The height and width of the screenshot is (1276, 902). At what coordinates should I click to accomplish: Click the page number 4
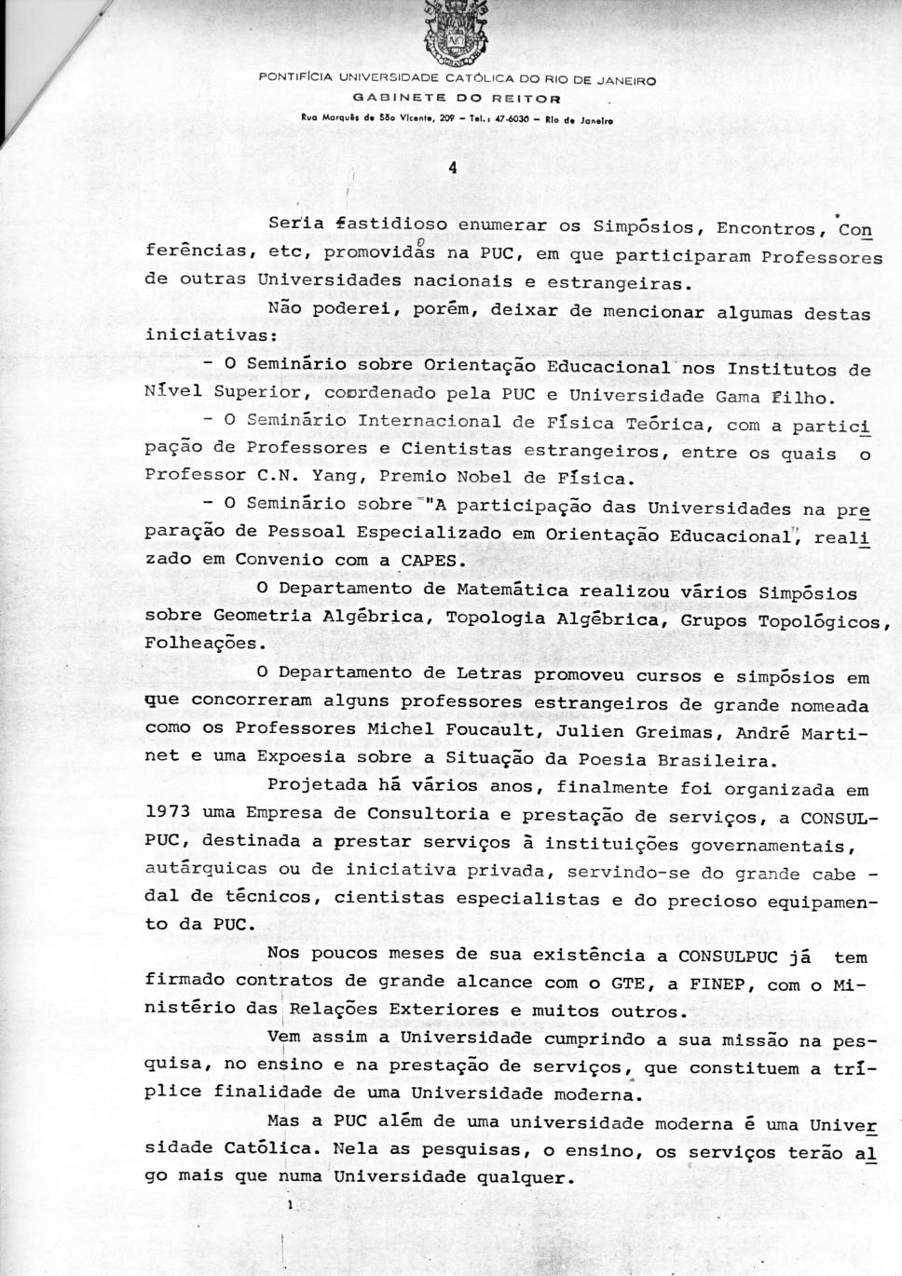452,169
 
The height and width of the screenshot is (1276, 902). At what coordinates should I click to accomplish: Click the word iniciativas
205,333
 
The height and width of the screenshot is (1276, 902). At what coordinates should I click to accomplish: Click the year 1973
168,812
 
